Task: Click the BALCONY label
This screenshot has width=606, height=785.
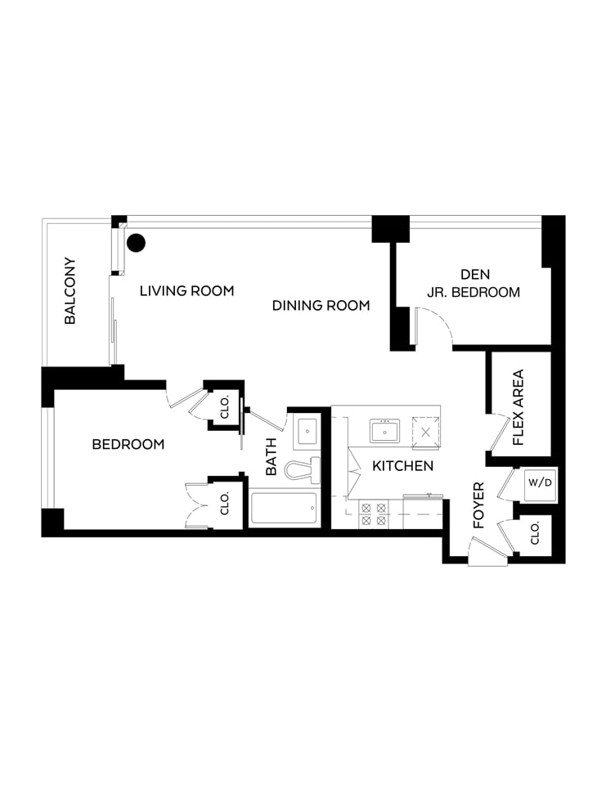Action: pyautogui.click(x=70, y=291)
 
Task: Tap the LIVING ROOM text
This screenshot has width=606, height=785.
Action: pyautogui.click(x=186, y=291)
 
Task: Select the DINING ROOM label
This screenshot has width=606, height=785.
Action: pyautogui.click(x=321, y=305)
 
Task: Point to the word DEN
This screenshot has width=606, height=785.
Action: pyautogui.click(x=475, y=275)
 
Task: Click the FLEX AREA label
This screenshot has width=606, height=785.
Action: pyautogui.click(x=518, y=407)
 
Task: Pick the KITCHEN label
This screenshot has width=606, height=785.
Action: pyautogui.click(x=402, y=466)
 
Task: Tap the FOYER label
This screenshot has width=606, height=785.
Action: pyautogui.click(x=479, y=505)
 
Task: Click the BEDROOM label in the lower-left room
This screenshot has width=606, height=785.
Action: pyautogui.click(x=128, y=444)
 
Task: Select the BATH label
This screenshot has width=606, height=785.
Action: pyautogui.click(x=271, y=456)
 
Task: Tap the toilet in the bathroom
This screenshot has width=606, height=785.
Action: pyautogui.click(x=303, y=470)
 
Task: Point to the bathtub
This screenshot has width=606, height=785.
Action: pyautogui.click(x=284, y=508)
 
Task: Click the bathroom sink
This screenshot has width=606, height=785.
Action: pyautogui.click(x=307, y=432)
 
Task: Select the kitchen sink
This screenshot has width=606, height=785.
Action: pyautogui.click(x=384, y=431)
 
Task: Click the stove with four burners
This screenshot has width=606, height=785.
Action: pyautogui.click(x=374, y=514)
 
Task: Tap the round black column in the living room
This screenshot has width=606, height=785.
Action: pyautogui.click(x=136, y=244)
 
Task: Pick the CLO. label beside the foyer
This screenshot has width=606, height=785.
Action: pyautogui.click(x=535, y=533)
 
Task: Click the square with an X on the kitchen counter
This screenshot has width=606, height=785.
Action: pyautogui.click(x=426, y=432)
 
